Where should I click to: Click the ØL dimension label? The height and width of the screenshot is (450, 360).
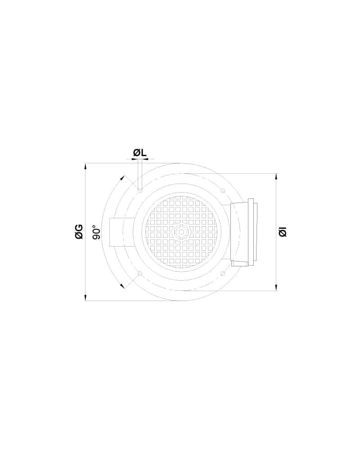140,153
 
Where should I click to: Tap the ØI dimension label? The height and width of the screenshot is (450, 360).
283,232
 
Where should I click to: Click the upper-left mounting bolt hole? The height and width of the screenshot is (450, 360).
140,190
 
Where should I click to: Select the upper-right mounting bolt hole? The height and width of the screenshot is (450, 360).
222,190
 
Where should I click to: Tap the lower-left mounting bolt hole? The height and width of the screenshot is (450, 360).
140,274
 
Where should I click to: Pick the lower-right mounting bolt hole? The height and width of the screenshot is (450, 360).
222,273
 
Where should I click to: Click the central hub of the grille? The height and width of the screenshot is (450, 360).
181,232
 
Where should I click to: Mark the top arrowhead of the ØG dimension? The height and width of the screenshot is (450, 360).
85,166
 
